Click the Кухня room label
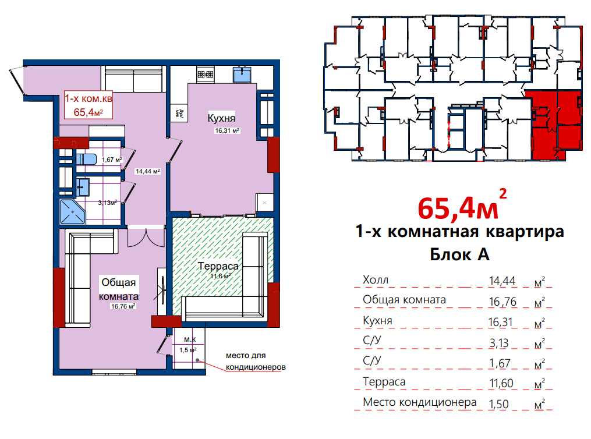coord(221,118)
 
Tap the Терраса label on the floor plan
coord(218,266)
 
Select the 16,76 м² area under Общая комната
coord(123,306)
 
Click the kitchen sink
coord(242,75)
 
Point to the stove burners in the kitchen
coord(206,75)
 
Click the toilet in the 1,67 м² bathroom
coord(86,159)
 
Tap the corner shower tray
coord(72,211)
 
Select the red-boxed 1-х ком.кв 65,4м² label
coord(88,105)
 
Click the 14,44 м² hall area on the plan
coord(148,171)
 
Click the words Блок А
coord(459,254)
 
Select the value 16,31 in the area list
coord(501,322)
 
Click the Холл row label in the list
coord(376,280)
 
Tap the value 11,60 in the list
coord(501,383)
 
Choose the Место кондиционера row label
coord(419,402)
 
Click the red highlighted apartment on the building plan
coord(553,125)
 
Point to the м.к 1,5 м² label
coord(188,345)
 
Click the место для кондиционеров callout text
coord(256,361)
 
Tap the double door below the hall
coord(146,237)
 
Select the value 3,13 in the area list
coord(499,343)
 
